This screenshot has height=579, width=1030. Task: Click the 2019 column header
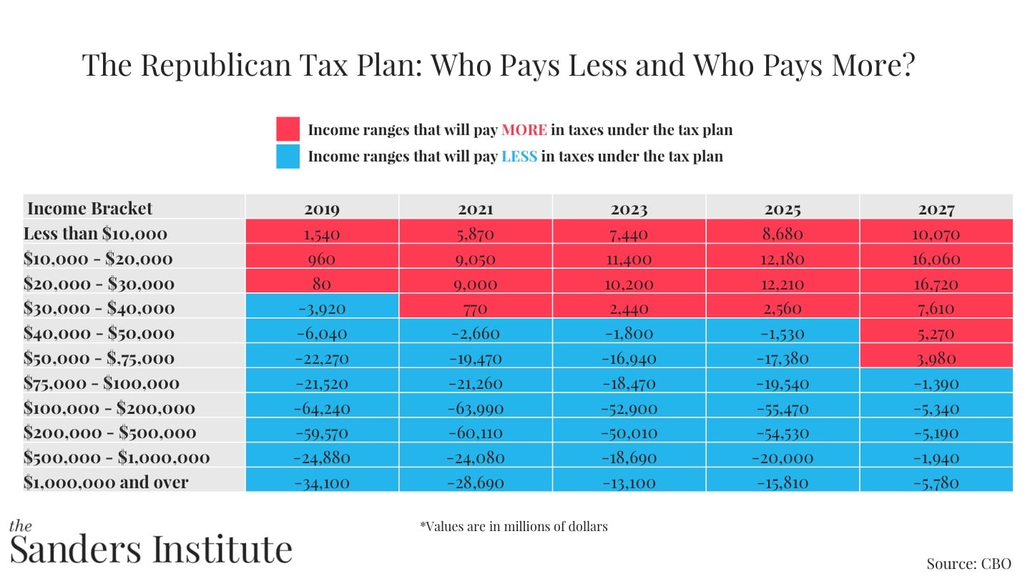click(322, 209)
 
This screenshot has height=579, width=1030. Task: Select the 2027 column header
click(936, 209)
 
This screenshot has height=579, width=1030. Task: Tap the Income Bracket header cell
click(90, 209)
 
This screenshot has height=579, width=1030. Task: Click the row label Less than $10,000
click(95, 234)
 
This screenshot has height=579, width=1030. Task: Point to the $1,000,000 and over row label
click(106, 482)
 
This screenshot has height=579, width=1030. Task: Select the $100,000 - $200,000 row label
click(109, 408)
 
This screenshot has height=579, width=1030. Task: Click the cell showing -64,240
click(322, 408)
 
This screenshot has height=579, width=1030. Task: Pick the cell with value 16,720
click(936, 284)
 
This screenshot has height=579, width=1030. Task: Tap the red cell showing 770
click(476, 309)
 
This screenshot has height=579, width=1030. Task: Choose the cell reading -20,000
click(783, 458)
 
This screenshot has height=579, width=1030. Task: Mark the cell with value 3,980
click(936, 358)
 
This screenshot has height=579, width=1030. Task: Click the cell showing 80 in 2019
click(322, 284)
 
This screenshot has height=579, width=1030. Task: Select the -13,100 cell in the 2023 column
click(629, 483)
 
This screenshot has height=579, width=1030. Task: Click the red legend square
click(288, 129)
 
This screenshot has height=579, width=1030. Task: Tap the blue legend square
click(288, 156)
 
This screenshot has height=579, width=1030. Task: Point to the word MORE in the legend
click(524, 130)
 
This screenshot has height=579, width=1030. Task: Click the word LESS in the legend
click(519, 156)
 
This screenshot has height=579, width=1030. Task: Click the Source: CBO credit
click(969, 563)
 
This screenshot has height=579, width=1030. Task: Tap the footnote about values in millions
click(514, 527)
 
